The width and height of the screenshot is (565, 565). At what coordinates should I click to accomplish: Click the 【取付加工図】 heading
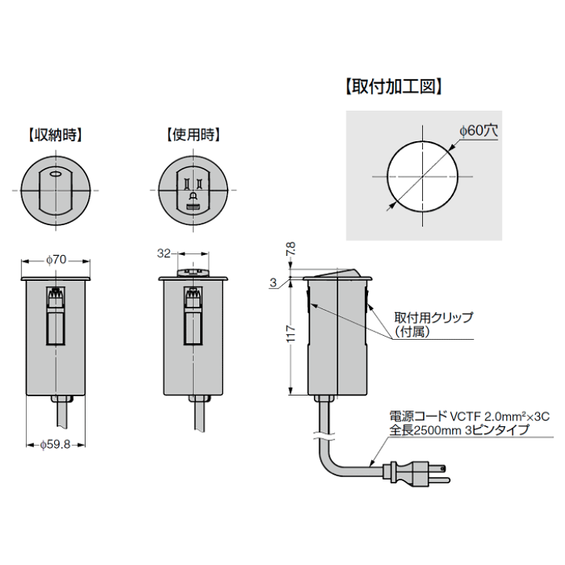393,87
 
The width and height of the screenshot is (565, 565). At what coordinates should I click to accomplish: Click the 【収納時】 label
55,135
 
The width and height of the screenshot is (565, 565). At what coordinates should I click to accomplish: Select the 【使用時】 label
193,135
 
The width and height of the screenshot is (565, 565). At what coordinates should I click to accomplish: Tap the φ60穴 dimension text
479,130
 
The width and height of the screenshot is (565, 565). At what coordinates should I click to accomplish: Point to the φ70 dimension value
56,260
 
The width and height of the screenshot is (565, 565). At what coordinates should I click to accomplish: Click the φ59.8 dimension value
56,445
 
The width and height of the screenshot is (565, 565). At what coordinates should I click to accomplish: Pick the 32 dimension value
163,253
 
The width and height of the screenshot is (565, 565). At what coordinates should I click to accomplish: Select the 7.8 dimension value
290,249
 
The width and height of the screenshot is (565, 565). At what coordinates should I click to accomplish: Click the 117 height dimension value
290,334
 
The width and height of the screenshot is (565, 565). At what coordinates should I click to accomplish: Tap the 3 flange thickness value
273,282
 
